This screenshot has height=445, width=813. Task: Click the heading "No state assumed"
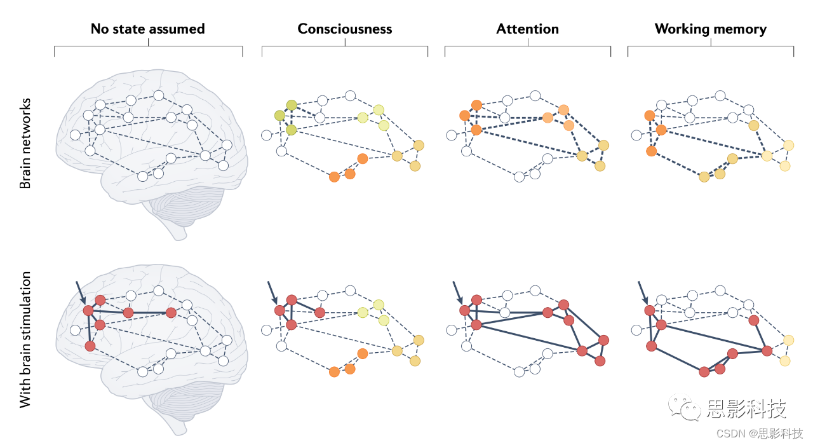pyautogui.click(x=147, y=29)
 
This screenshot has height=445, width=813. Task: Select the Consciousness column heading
pyautogui.click(x=344, y=29)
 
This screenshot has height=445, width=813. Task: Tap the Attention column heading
pyautogui.click(x=527, y=29)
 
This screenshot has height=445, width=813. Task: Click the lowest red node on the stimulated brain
pyautogui.click(x=90, y=346)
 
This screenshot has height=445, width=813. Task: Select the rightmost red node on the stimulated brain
pyautogui.click(x=171, y=312)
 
